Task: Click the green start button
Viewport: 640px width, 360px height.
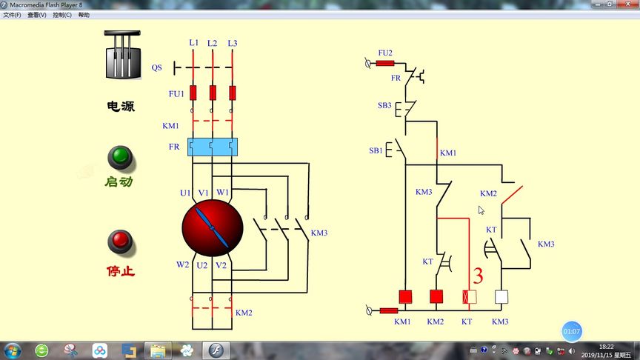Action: coord(119,157)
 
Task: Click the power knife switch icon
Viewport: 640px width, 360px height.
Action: coord(122,55)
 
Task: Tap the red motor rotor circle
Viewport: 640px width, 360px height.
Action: coord(213,227)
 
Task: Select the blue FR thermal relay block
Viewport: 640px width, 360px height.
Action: coord(212,147)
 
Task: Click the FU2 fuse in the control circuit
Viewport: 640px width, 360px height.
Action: coord(385,64)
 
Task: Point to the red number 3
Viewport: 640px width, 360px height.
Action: coord(478,277)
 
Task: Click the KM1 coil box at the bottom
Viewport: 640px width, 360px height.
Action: coord(404,297)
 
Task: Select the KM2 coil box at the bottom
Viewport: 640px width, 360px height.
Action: coord(436,297)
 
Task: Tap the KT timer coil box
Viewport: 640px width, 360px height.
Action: coord(469,297)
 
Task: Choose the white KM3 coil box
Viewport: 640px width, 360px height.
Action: coord(501,297)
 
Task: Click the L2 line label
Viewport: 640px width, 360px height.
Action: coord(213,43)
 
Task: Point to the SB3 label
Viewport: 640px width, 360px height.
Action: coord(384,106)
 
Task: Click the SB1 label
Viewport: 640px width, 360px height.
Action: coord(376,151)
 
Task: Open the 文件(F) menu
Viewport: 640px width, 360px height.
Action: coord(13,15)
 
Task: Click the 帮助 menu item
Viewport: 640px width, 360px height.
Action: coord(83,15)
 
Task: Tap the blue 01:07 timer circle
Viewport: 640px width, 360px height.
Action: coord(571,331)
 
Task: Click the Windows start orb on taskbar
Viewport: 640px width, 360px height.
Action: coord(13,350)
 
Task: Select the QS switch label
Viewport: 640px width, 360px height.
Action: coord(157,67)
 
